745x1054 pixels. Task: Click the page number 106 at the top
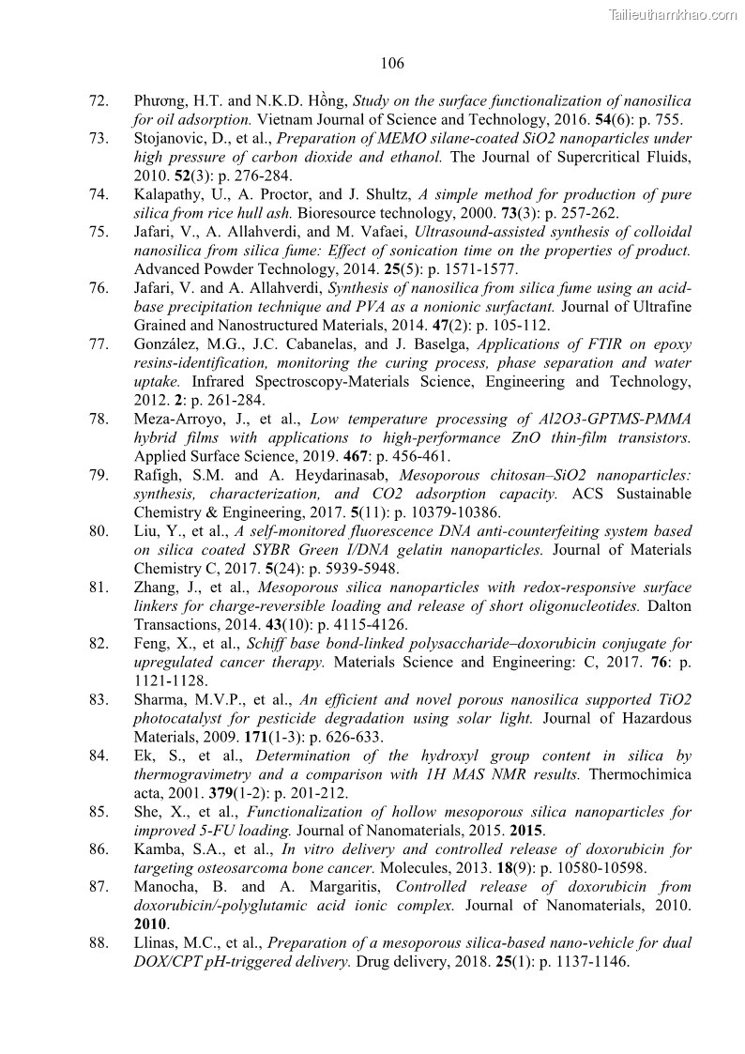pos(392,63)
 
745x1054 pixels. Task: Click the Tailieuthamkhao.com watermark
pos(673,14)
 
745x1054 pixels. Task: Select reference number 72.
pos(99,100)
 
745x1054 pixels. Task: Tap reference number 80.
pos(99,531)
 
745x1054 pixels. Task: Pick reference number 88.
pos(99,942)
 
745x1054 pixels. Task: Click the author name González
pos(165,344)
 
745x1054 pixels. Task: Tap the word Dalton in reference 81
pos(670,606)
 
